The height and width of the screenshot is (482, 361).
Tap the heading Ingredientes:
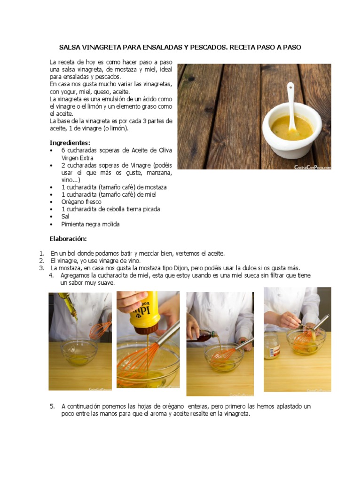[x=70, y=143]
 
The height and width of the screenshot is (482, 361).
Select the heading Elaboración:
[x=68, y=239]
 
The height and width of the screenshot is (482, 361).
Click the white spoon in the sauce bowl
[x=291, y=106]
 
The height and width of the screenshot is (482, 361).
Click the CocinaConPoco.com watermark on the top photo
[x=313, y=167]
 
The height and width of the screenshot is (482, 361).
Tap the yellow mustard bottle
[x=144, y=313]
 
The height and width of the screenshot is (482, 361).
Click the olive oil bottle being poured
[x=68, y=305]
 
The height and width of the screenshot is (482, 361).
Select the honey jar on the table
[x=272, y=346]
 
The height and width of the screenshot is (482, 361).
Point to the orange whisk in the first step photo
[x=100, y=330]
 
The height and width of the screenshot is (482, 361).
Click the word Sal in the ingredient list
[x=65, y=217]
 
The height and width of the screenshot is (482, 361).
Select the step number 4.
[x=51, y=275]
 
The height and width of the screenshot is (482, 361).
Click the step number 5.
[x=52, y=406]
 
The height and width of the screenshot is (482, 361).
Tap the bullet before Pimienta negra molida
[x=51, y=225]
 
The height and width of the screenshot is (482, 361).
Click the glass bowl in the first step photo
[x=79, y=352]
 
